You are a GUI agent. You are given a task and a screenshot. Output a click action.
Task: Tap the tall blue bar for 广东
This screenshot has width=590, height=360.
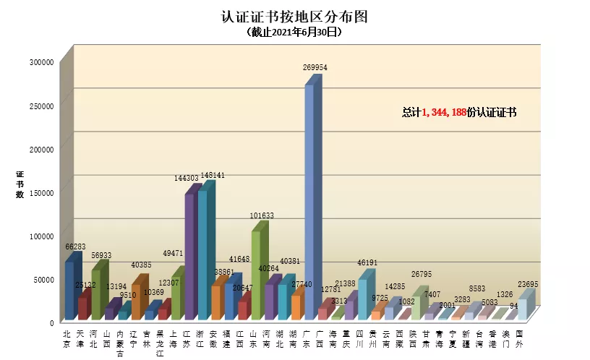pos(309,202)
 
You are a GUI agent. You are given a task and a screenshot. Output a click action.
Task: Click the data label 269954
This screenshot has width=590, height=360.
pos(315,67)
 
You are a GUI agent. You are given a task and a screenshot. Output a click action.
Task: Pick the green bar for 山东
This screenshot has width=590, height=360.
pos(256,275)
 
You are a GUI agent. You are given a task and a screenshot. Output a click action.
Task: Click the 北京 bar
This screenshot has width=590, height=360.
pos(69,289)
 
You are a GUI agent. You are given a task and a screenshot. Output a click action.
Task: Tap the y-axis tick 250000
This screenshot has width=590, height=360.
pos(41,106)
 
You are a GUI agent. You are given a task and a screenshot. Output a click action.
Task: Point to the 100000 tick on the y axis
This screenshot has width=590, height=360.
pos(41,236)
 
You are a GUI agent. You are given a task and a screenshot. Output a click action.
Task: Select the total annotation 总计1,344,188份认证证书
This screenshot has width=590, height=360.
pos(459,113)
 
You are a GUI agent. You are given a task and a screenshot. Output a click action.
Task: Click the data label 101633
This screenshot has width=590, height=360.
pos(262,215)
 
